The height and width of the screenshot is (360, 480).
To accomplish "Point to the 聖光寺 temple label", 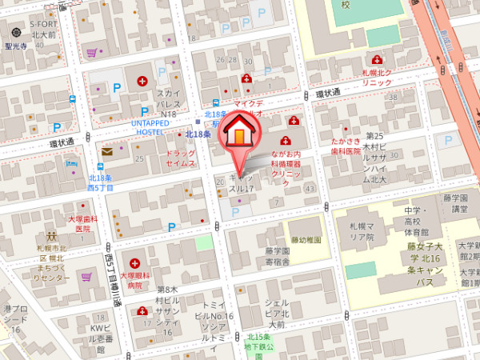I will pyautogui.click(x=16, y=46).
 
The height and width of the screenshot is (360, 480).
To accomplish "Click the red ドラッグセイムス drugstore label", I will pyautogui.click(x=181, y=158).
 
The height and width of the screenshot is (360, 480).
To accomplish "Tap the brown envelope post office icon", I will pyautogui.click(x=107, y=151).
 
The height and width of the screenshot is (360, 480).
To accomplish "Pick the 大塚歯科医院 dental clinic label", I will pyautogui.click(x=82, y=223).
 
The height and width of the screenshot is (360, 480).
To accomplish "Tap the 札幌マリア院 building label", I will pyautogui.click(x=357, y=233).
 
